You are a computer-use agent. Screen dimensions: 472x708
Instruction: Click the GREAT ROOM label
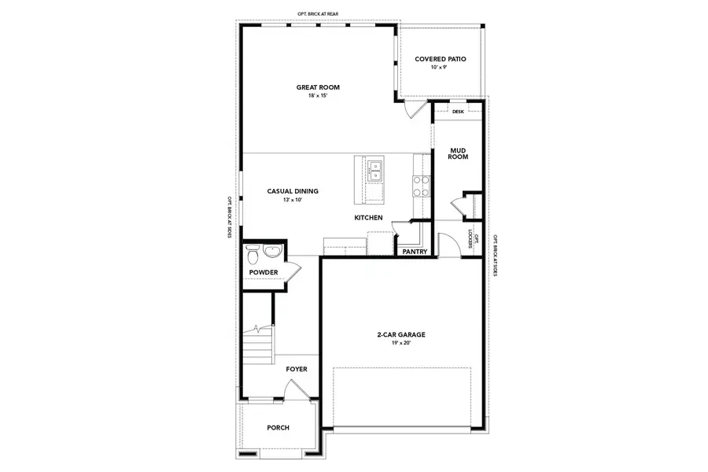[318, 87]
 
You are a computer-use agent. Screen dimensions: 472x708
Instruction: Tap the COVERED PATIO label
[441, 59]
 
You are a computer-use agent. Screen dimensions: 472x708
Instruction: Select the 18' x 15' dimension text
[318, 95]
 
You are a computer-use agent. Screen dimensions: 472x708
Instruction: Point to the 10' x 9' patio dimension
[439, 68]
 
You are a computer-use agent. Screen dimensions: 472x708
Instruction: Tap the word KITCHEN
[368, 217]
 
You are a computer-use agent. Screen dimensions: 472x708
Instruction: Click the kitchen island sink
[374, 166]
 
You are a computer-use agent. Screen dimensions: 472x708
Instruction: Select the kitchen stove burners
[421, 185]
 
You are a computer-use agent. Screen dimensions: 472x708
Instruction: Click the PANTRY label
[414, 253]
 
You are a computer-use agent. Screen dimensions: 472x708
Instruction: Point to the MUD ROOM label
[459, 153]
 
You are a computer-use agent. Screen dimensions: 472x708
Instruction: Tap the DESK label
[458, 112]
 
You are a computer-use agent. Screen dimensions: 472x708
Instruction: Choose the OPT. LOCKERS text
[471, 238]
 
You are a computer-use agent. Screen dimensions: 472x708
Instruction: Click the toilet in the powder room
[252, 255]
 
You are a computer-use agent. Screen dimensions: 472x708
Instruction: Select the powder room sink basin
[271, 252]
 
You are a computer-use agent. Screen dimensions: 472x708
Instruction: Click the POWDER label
[264, 272]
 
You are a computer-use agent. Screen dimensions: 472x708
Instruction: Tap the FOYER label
[297, 368]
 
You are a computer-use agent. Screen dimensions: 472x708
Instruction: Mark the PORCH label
[278, 428]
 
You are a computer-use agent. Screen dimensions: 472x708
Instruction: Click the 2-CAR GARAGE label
[401, 334]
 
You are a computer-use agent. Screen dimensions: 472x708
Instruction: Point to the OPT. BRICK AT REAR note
[318, 14]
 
